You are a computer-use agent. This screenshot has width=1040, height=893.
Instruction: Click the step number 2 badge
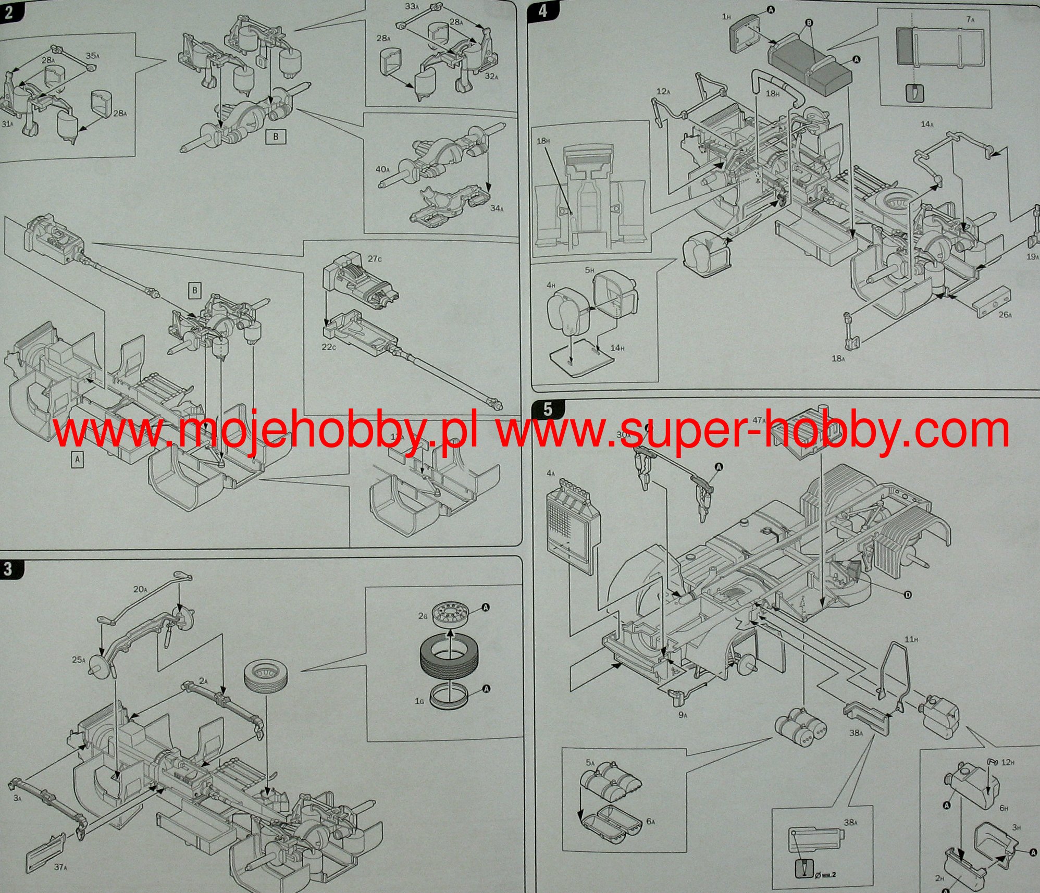coord(8,11)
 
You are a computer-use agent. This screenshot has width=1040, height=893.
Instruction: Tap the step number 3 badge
coord(8,568)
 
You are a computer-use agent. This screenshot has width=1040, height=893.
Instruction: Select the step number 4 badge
coord(543,10)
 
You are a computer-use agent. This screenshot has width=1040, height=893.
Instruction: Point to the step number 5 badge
coord(547,409)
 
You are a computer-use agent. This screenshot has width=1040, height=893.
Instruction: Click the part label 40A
coord(382,169)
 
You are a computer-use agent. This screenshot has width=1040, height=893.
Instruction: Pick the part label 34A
coord(497,208)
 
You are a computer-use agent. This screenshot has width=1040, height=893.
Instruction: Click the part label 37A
coord(60,867)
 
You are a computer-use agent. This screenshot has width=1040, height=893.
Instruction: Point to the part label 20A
coord(140,589)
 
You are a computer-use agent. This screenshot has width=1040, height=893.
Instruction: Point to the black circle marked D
coord(908,595)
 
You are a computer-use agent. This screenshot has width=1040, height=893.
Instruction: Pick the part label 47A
coord(759,420)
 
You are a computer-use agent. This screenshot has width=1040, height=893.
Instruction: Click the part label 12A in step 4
coord(663,92)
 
